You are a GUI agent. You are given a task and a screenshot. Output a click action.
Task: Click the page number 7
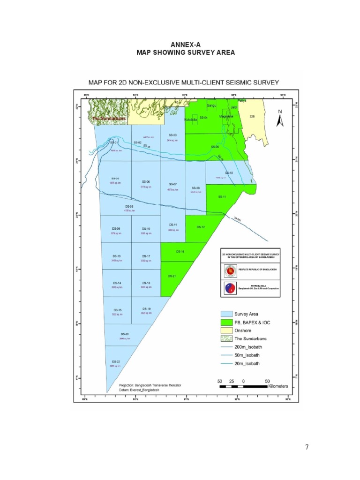coord(307,447)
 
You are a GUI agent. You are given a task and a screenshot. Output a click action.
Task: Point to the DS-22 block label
coord(115,361)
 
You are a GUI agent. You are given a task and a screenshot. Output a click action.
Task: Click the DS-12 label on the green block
coord(200,227)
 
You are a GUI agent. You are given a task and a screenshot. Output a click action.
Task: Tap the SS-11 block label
coord(222,196)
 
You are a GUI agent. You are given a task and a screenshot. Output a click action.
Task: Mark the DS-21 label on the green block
coord(172,276)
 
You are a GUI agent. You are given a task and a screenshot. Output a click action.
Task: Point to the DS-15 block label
coord(118,310)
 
